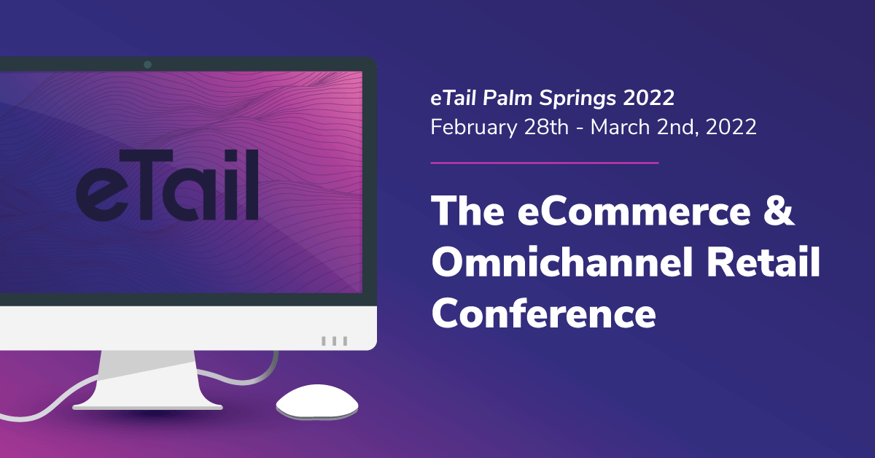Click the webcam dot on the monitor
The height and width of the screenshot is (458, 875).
(x=147, y=64)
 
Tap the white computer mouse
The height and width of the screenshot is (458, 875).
(x=317, y=401)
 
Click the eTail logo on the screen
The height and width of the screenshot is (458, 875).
(x=167, y=185)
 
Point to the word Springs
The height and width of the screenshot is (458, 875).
(x=578, y=98)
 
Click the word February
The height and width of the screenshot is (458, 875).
(x=474, y=128)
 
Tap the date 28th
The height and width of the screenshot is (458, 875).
(x=546, y=127)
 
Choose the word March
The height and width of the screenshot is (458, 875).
(x=621, y=127)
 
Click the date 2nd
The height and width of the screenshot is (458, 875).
(x=678, y=128)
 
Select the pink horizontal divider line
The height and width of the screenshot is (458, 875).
(x=545, y=163)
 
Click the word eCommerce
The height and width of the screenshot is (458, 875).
(x=634, y=211)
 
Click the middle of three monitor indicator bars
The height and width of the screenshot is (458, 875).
(x=335, y=341)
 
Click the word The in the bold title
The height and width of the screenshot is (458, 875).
(x=468, y=211)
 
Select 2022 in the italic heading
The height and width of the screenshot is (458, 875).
(x=649, y=98)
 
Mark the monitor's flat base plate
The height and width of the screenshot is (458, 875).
(x=147, y=407)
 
